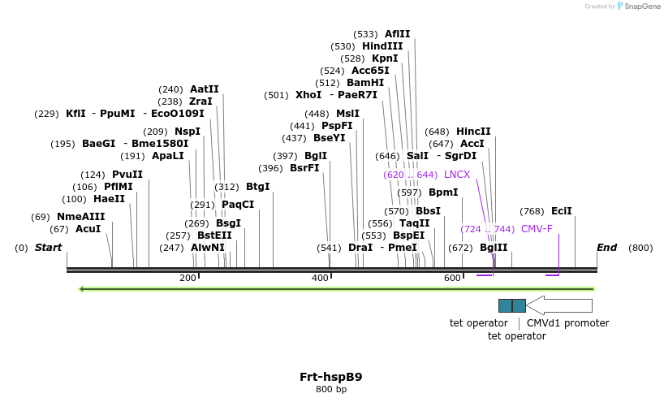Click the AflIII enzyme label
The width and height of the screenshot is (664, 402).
397,34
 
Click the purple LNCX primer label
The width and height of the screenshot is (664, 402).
457,175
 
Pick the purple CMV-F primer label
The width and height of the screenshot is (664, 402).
537,229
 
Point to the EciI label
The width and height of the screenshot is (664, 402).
561,211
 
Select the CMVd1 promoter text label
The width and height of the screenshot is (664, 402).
567,323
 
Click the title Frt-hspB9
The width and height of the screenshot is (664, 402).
330,377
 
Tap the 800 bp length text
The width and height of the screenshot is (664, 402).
330,390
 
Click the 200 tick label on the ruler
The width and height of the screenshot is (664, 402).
188,279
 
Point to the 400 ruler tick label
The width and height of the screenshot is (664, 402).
320,279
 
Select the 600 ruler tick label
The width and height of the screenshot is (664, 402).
452,279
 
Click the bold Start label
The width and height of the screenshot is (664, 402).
48,248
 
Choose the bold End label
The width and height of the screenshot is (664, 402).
606,248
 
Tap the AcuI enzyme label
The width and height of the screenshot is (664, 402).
88,229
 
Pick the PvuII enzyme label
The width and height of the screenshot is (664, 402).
127,175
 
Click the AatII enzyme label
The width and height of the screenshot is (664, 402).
204,89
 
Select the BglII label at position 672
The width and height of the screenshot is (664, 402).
494,248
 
